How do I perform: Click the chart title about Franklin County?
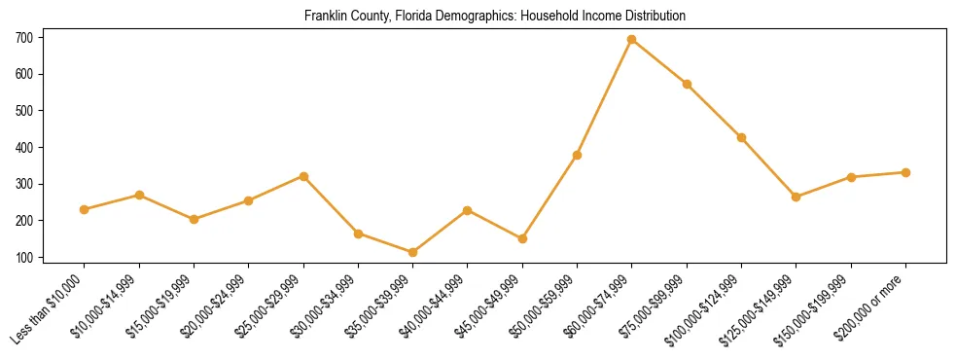[x=495, y=17]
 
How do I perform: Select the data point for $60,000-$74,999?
[x=632, y=40]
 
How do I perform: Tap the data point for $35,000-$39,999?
[x=413, y=252]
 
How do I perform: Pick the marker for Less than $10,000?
[x=85, y=209]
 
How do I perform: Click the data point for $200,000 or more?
[x=905, y=172]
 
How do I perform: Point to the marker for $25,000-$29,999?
[x=303, y=176]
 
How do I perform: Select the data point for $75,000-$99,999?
[x=687, y=85]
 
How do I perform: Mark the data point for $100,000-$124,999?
[x=741, y=138]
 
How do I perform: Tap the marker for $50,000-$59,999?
[x=578, y=155]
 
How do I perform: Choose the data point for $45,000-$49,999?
[x=522, y=238]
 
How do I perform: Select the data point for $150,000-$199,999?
[x=851, y=177]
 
